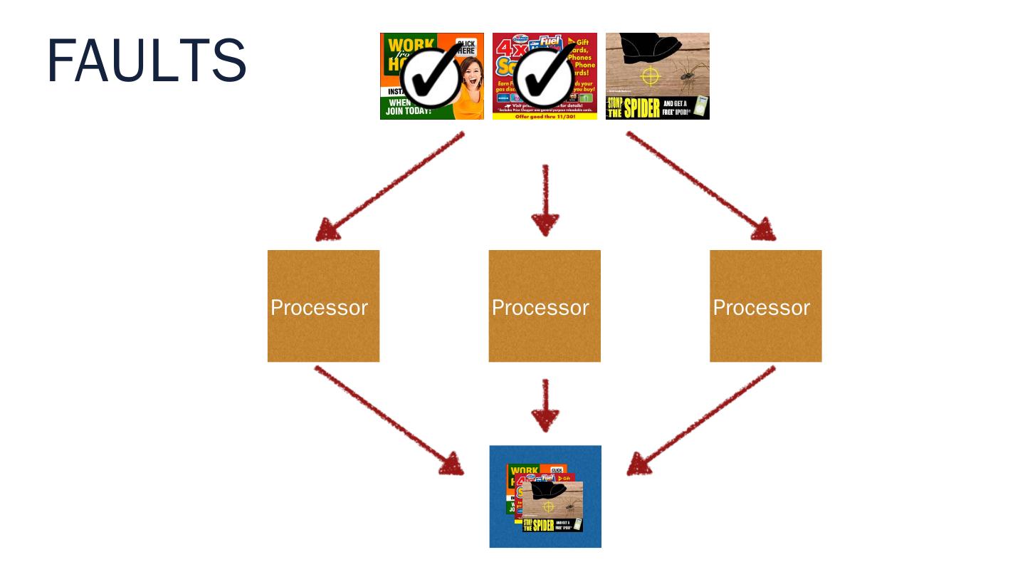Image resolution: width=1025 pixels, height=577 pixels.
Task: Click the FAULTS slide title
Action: (x=147, y=61)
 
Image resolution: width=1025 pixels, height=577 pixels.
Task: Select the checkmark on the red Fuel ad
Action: (x=545, y=79)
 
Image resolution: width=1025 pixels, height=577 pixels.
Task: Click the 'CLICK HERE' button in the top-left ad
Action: (x=466, y=48)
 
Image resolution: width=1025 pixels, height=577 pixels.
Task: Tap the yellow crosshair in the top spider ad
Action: (x=651, y=76)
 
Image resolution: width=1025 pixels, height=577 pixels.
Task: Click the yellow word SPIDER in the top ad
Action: (x=643, y=108)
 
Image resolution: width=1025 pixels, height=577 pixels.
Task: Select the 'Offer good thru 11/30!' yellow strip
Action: (x=545, y=116)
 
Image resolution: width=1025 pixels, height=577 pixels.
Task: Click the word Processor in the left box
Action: (x=319, y=308)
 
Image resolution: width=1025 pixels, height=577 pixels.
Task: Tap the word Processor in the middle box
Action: (x=540, y=308)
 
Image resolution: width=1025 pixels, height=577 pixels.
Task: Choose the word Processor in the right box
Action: (x=762, y=308)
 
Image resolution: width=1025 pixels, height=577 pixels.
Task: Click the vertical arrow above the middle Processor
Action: (x=545, y=200)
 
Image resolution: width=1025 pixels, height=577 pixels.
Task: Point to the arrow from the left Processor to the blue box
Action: (x=389, y=420)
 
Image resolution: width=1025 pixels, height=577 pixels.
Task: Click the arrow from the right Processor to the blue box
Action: (x=701, y=420)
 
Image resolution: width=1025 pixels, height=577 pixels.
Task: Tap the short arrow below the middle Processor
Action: (x=545, y=405)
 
